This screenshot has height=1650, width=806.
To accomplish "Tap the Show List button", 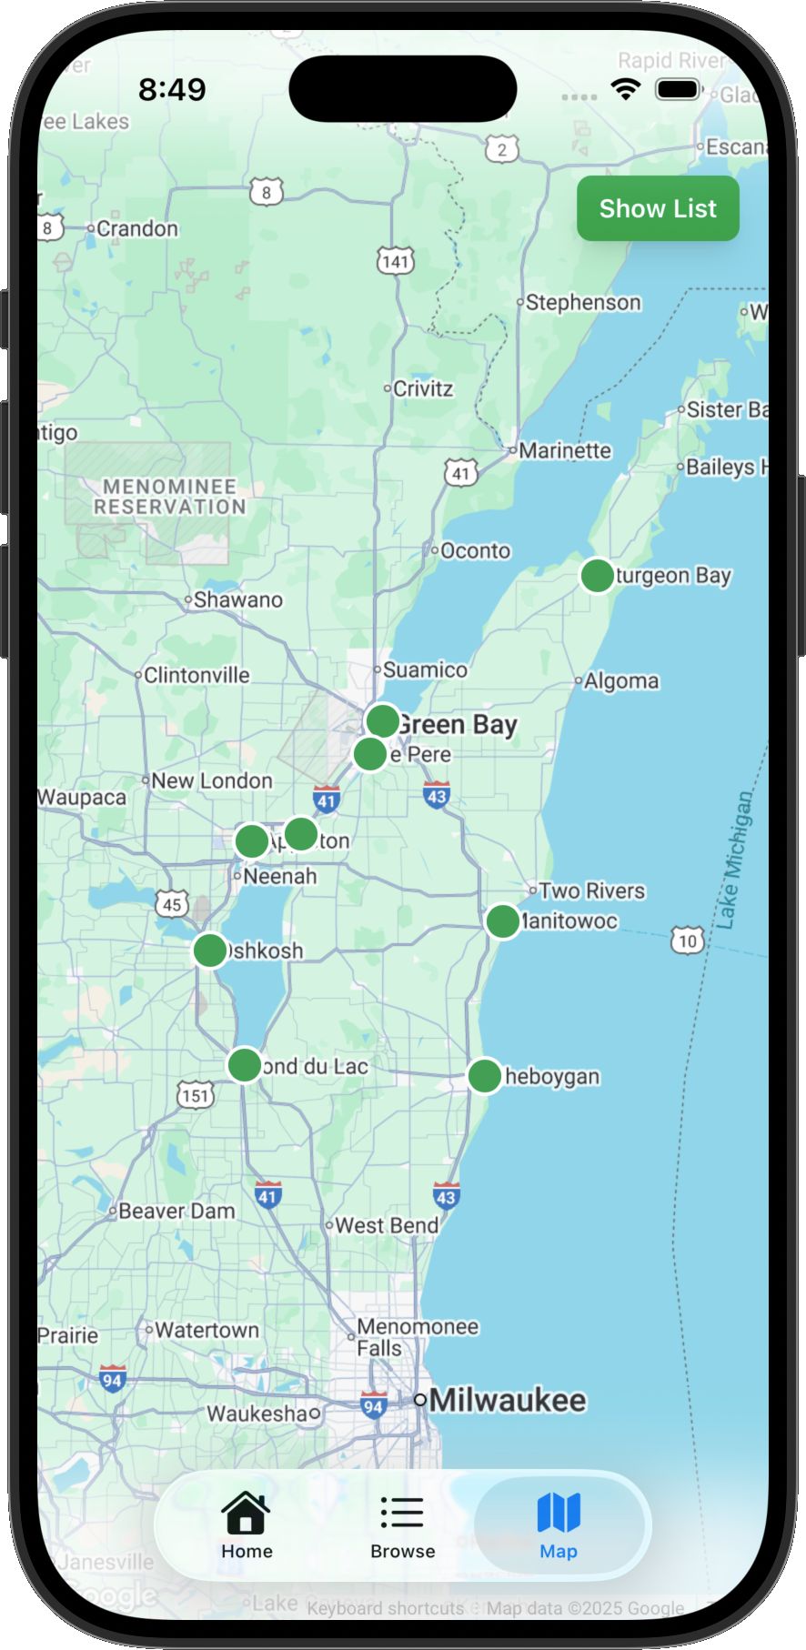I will [658, 208].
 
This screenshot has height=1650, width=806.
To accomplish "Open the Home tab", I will [247, 1525].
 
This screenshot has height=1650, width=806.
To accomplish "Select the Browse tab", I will [402, 1525].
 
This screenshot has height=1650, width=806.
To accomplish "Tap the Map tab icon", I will [559, 1513].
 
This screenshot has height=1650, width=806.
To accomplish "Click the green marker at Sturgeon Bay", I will [597, 575].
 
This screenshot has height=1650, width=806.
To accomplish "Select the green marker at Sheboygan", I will [485, 1075].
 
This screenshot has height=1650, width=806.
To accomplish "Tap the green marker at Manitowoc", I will [502, 921].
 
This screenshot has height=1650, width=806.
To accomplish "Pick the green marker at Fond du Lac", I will [244, 1064].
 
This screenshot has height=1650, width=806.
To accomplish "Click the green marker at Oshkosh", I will [210, 951].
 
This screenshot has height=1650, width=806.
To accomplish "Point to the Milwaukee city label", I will [508, 1400].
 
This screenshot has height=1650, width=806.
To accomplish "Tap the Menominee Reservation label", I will [170, 497].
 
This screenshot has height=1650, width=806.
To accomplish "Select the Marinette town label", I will [565, 451].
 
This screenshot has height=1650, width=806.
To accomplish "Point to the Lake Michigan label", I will [734, 860].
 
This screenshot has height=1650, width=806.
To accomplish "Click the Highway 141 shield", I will [396, 262].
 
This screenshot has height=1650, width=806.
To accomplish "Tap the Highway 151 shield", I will [196, 1095].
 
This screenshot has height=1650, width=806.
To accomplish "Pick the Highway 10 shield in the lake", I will [688, 941].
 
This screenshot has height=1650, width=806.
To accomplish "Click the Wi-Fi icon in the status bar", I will [626, 89].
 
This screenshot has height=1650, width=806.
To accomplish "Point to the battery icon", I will [679, 89].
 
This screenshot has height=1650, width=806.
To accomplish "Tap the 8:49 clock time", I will [172, 89].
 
